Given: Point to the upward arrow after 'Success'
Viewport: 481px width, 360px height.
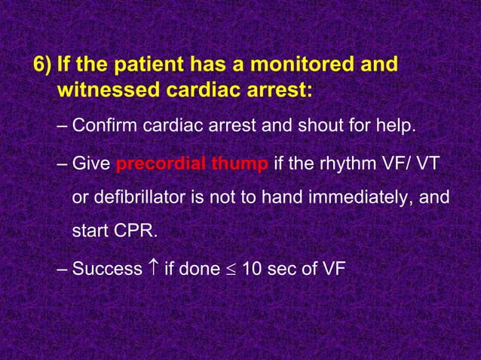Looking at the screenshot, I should point(153,267).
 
